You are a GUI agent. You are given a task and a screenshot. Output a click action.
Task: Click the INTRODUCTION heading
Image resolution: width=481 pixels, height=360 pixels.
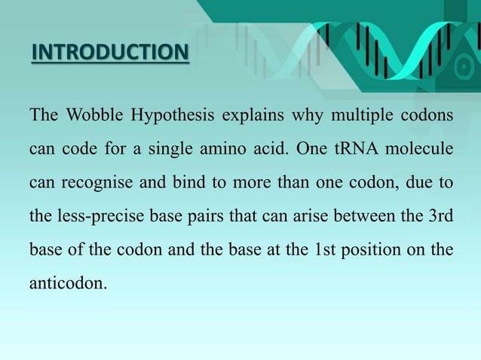pyautogui.click(x=110, y=53)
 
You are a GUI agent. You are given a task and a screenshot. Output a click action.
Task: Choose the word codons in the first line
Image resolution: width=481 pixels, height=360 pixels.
pyautogui.click(x=427, y=117)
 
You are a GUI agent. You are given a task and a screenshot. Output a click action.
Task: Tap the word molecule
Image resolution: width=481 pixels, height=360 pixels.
pyautogui.click(x=421, y=150)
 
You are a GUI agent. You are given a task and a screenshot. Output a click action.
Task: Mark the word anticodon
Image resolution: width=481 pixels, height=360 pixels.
pyautogui.click(x=64, y=280)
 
